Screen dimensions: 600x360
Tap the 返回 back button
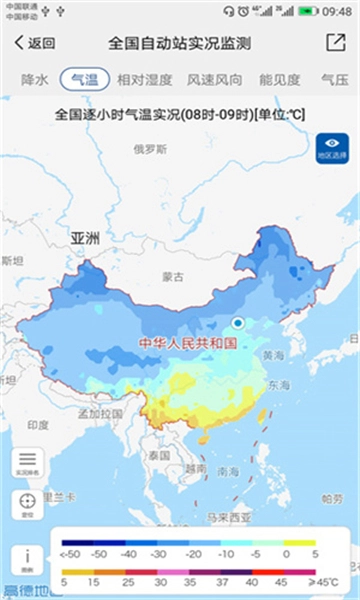pyautogui.click(x=35, y=43)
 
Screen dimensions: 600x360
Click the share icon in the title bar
pyautogui.click(x=335, y=43)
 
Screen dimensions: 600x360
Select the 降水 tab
pyautogui.click(x=34, y=78)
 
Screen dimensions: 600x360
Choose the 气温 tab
pyautogui.click(x=85, y=78)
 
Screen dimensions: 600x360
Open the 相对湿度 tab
pyautogui.click(x=144, y=78)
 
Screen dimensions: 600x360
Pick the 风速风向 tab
pyautogui.click(x=214, y=78)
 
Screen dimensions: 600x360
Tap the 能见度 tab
pyautogui.click(x=280, y=78)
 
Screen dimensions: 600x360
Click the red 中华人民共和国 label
pyautogui.click(x=187, y=343)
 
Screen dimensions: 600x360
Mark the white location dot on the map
pyautogui.click(x=238, y=323)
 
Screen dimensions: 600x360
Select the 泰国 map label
pyautogui.click(x=159, y=455)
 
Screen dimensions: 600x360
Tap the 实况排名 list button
pyautogui.click(x=28, y=463)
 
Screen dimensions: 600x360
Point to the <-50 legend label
pyautogui.click(x=70, y=553)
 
